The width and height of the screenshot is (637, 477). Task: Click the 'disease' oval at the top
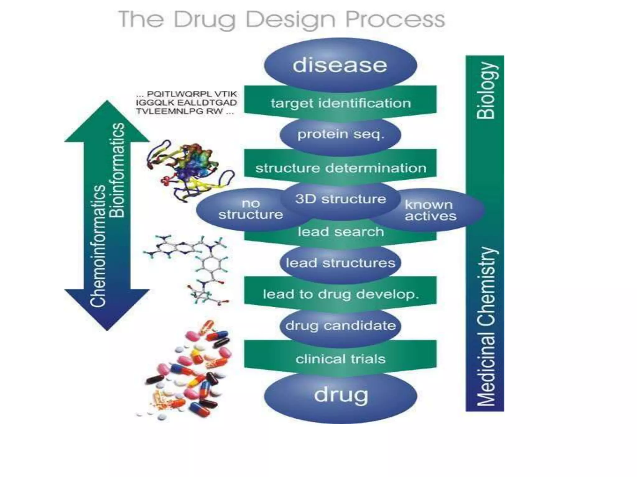coord(340,65)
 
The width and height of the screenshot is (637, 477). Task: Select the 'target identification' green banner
coord(340,103)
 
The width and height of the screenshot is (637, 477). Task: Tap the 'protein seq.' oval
coord(340,135)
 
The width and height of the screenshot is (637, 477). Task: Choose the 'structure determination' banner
coord(340,168)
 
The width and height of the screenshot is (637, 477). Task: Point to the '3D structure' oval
coord(340,199)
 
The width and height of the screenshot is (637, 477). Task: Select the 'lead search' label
coord(340,232)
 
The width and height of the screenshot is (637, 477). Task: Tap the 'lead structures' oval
coord(340,263)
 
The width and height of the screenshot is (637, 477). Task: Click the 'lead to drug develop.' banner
coord(340,294)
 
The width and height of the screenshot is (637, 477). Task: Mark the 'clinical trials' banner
coord(340,359)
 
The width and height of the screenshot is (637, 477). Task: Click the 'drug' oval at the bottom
coord(341,396)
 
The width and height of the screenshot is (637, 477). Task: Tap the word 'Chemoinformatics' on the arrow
coord(98,245)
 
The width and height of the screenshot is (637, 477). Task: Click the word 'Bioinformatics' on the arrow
coord(118,170)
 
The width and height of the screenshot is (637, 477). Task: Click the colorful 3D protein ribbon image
coord(190,171)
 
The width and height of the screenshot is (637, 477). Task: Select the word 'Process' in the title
coord(395,19)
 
